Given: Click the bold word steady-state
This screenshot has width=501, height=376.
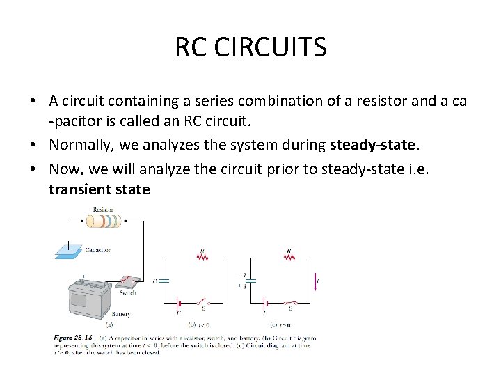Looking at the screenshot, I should coord(372,146).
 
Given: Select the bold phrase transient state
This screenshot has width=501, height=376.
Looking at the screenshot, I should coord(99,189).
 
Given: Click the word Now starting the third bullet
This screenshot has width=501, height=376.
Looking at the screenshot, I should coord(65,168).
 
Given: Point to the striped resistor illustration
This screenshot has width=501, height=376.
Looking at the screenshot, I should coord(104,221).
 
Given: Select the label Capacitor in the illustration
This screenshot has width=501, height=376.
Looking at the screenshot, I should coord(97,250).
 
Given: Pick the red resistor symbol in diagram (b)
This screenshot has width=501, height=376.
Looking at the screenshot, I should coord(203,257).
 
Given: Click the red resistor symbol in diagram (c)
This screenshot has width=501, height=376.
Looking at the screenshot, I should coord(289,257).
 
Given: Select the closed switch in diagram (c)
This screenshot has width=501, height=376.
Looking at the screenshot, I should coord(289,303).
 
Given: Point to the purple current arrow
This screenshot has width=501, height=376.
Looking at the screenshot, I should coord(315,281).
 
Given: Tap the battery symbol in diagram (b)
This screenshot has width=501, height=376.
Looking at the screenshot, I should coord(179,304).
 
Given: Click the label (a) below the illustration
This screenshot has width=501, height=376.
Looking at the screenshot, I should coord(108,324).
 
